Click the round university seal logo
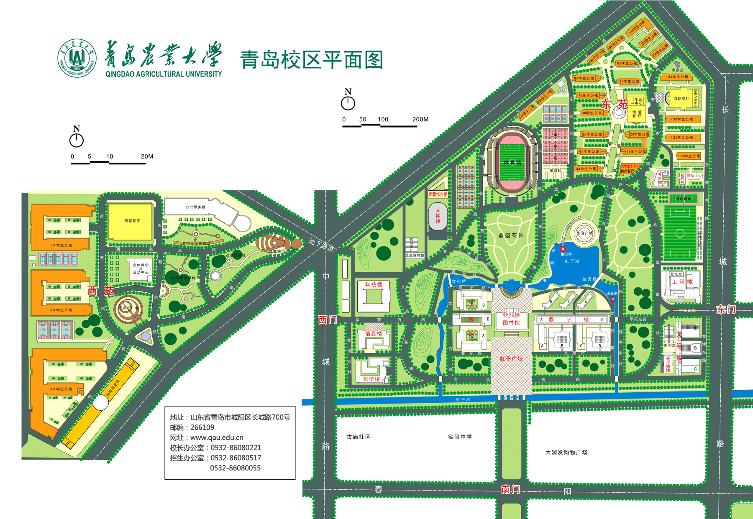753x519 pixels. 77,59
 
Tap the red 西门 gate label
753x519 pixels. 328,320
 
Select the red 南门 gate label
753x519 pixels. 511,489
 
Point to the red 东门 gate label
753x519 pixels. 726,309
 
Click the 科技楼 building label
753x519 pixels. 374,284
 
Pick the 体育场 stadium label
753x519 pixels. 512,162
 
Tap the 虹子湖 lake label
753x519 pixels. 572,261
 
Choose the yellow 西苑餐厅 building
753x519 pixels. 131,221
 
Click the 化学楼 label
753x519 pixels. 371,379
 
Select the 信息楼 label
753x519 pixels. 374,333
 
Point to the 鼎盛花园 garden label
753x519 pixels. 511,235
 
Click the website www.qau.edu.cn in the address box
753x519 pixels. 217,437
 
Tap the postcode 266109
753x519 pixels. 202,427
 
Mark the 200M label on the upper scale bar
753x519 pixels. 420,119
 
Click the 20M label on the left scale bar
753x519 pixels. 147,156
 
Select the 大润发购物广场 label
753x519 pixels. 566,452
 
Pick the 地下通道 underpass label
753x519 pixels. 322,245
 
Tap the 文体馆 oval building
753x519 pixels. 438,216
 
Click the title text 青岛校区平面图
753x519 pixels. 312,60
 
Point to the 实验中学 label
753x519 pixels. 460,437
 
